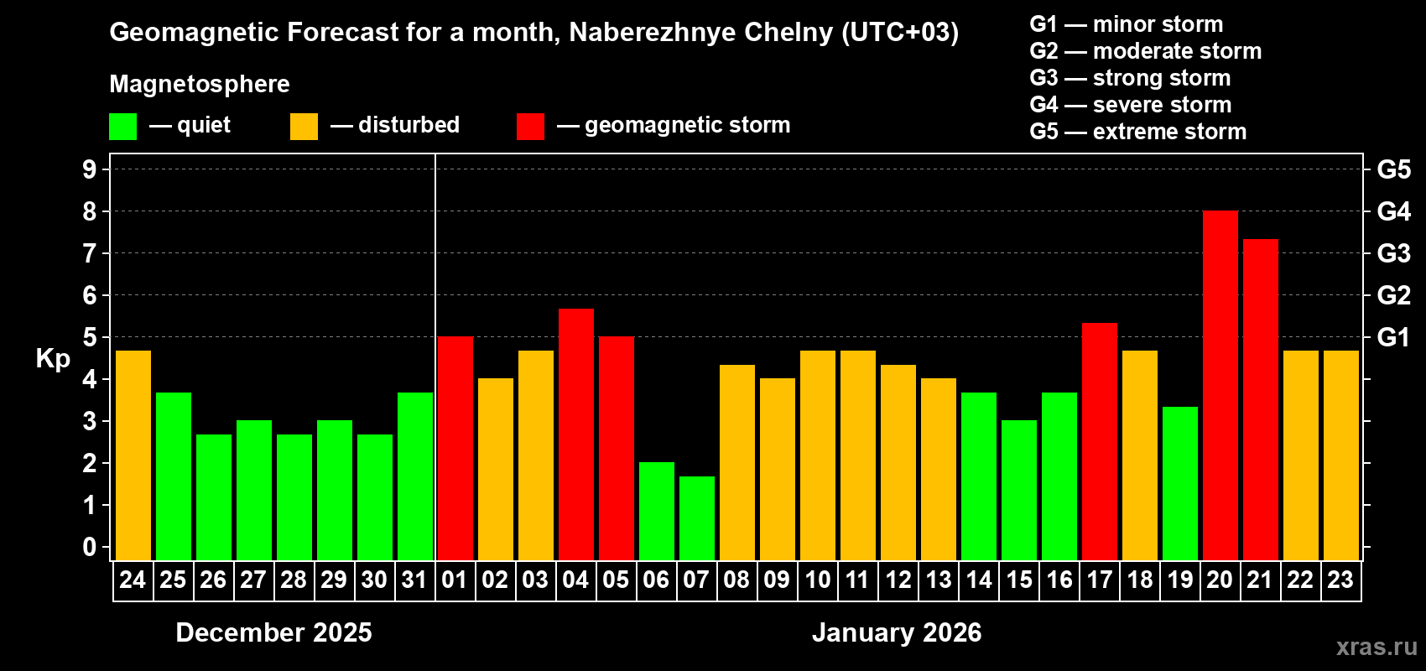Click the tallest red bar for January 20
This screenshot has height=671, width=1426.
[x=1220, y=386]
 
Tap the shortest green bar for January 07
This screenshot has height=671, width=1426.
[x=696, y=518]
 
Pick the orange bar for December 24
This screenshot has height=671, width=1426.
[x=133, y=455]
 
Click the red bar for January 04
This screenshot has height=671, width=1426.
[x=575, y=434]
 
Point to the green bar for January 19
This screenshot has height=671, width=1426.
[x=1179, y=483]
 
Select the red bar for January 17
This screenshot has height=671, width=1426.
[x=1099, y=441]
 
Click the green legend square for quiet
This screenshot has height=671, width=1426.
[x=122, y=127]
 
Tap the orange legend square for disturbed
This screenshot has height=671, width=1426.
[x=304, y=127]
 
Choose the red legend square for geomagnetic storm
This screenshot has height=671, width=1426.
[x=530, y=127]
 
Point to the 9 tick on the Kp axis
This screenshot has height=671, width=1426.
[x=90, y=169]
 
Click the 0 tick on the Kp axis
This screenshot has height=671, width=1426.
[x=90, y=548]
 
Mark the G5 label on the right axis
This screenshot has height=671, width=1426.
[x=1393, y=169]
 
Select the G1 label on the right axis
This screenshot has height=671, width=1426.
[x=1393, y=337]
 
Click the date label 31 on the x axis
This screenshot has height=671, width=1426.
[x=414, y=580]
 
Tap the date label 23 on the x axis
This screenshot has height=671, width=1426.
[x=1340, y=580]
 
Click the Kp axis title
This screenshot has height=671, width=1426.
[x=53, y=358]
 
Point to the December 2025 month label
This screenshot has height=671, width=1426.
[x=273, y=632]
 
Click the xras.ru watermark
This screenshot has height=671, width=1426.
[x=1376, y=647]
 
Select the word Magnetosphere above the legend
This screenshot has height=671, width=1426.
[x=200, y=84]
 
